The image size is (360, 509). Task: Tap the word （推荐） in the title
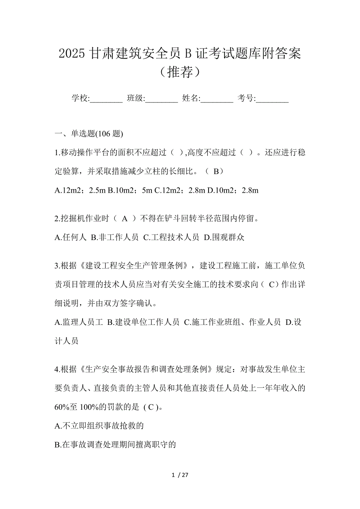point(180,72)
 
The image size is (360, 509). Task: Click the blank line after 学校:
point(106,99)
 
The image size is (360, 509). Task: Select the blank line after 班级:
point(162,99)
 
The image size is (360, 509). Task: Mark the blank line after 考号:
point(272,99)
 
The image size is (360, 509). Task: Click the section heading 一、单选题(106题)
point(90,134)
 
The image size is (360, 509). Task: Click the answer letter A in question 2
point(125,219)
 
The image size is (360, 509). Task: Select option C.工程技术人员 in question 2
point(171,238)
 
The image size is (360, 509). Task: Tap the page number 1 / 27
point(180,475)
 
